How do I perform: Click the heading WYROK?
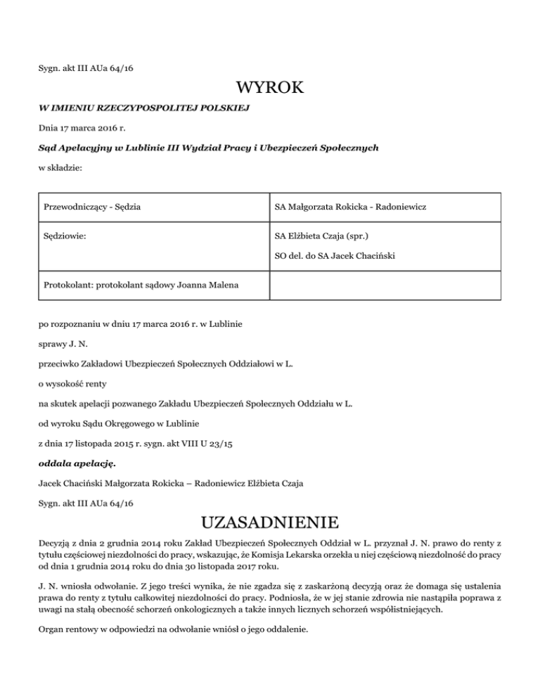tap(270, 89)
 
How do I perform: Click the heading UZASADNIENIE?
tap(270, 524)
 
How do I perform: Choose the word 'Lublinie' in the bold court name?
tap(143, 148)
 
